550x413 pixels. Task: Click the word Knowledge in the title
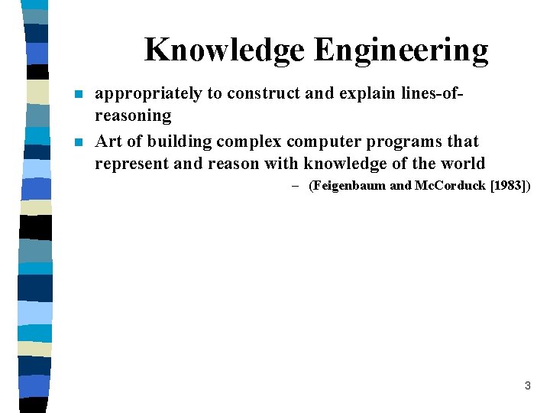coord(224,50)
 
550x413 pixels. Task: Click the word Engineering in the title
coord(400,50)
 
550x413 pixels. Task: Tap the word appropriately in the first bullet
coord(148,94)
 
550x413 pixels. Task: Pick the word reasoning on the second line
coord(133,115)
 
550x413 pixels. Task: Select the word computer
coord(325,141)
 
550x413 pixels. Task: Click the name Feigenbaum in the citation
coord(348,186)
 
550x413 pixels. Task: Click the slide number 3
coord(527,385)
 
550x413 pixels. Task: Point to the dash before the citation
coord(294,186)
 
